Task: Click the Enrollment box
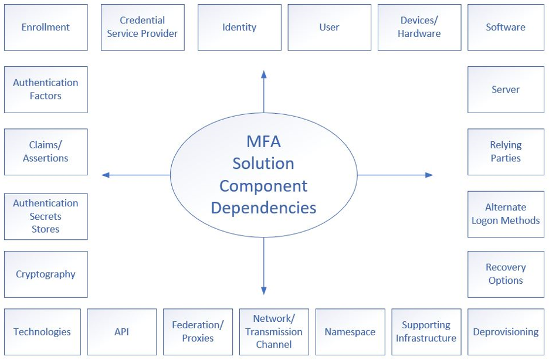point(46,28)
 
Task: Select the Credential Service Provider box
point(143,28)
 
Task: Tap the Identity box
point(239,28)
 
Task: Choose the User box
point(329,28)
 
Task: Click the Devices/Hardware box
point(419,28)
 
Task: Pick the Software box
point(506,28)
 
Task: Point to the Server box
point(506,90)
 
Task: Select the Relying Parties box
point(506,152)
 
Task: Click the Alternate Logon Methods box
point(506,214)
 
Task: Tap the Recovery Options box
point(506,274)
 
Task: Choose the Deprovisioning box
point(506,332)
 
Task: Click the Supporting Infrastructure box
point(426,332)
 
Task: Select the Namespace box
point(350,332)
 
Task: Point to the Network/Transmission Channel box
point(274,332)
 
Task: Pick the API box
point(122,332)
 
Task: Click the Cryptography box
point(46,274)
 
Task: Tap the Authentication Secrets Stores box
point(46,216)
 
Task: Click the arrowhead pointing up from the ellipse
point(264,74)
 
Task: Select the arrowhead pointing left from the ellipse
point(106,175)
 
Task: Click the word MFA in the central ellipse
point(264,142)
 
